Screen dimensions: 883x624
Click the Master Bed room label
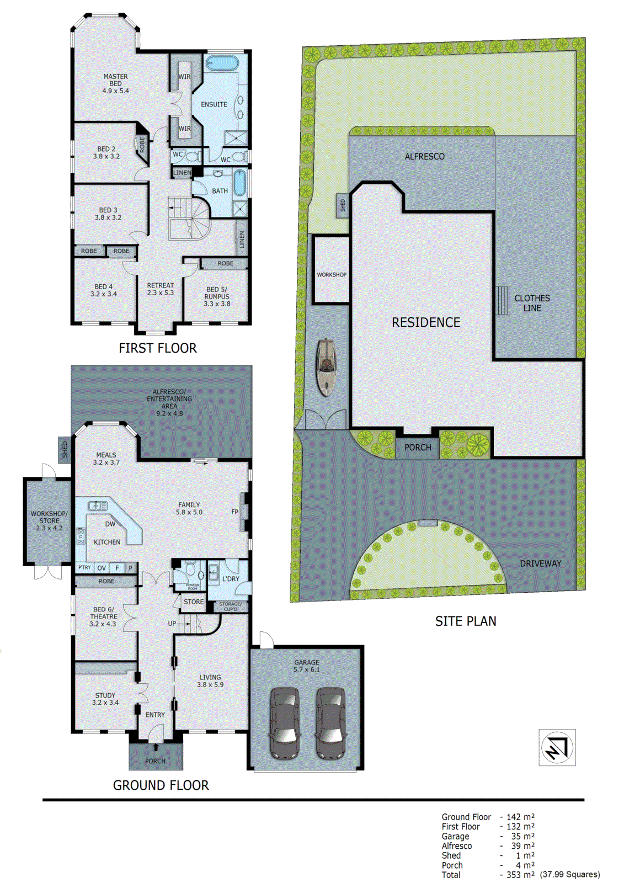tap(115, 83)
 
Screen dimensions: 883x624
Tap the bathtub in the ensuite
tap(222, 62)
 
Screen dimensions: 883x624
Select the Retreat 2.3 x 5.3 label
tap(160, 289)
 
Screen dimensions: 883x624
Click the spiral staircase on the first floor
tap(191, 219)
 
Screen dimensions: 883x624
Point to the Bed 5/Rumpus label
tap(217, 296)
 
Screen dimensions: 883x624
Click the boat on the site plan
tap(326, 367)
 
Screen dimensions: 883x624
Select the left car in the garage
tap(285, 722)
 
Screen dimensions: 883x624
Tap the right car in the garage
tap(330, 722)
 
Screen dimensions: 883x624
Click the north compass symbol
tap(557, 747)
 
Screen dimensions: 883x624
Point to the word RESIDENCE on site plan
tap(425, 322)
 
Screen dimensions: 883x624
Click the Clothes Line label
tap(532, 303)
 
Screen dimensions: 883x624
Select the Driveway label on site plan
tap(540, 563)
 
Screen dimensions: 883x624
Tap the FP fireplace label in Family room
tap(235, 512)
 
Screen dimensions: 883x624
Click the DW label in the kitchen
tap(110, 524)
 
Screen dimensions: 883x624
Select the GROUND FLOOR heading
tap(161, 785)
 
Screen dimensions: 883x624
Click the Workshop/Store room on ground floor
tap(49, 520)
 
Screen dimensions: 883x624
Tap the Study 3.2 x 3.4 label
tap(105, 699)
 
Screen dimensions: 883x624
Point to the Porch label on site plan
tap(418, 448)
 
